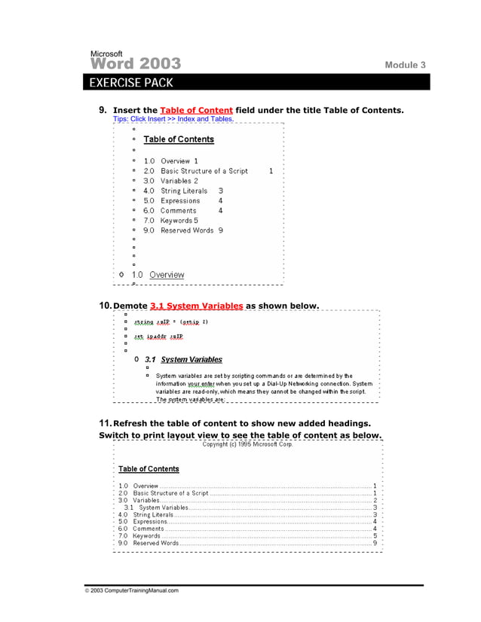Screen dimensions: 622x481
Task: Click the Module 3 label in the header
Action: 405,66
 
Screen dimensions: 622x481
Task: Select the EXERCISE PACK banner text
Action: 130,82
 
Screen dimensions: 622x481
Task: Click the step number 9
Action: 103,110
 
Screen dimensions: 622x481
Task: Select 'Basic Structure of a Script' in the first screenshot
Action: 204,172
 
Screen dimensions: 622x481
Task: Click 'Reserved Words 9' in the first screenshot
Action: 191,230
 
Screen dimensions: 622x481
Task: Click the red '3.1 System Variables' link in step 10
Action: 197,306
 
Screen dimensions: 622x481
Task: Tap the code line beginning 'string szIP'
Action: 170,322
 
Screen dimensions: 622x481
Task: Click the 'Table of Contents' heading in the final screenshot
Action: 149,469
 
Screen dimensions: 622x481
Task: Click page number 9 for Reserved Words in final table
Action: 375,543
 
